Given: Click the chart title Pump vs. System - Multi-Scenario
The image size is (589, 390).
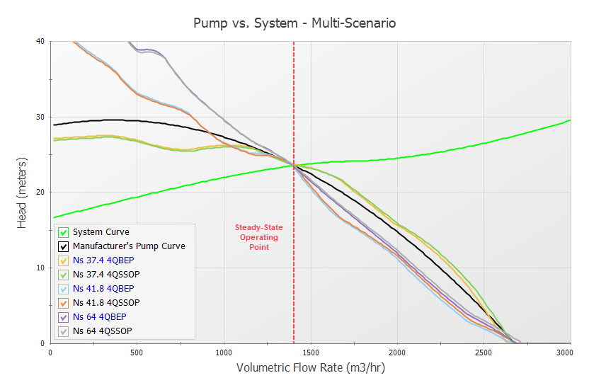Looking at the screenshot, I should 294,23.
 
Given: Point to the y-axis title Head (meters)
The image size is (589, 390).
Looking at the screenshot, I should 23,193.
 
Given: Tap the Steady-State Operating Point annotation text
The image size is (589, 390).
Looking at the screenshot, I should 258,237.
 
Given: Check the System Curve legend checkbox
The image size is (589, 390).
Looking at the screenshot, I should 64,232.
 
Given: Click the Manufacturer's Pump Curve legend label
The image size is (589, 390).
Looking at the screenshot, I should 129,246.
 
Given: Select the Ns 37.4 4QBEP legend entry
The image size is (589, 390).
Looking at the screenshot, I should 103,260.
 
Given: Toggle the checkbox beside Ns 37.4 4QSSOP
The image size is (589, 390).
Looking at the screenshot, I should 64,275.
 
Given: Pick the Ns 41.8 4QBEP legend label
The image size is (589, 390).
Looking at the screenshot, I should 103,289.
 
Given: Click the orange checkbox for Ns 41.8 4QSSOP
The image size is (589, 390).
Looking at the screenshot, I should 64,303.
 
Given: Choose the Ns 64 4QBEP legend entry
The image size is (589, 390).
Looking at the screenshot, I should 99,317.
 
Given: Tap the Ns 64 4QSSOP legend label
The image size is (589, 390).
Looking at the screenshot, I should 102,331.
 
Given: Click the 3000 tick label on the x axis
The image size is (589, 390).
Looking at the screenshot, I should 564,352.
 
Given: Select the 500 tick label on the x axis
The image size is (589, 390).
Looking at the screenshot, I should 137,352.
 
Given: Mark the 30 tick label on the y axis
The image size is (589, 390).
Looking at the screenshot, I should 40,117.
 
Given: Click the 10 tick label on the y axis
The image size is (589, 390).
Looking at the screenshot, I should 40,268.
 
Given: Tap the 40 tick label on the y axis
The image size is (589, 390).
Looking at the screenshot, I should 40,41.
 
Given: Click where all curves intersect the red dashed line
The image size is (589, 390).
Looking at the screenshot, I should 294,165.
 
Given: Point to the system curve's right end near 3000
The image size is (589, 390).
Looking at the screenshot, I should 569,120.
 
